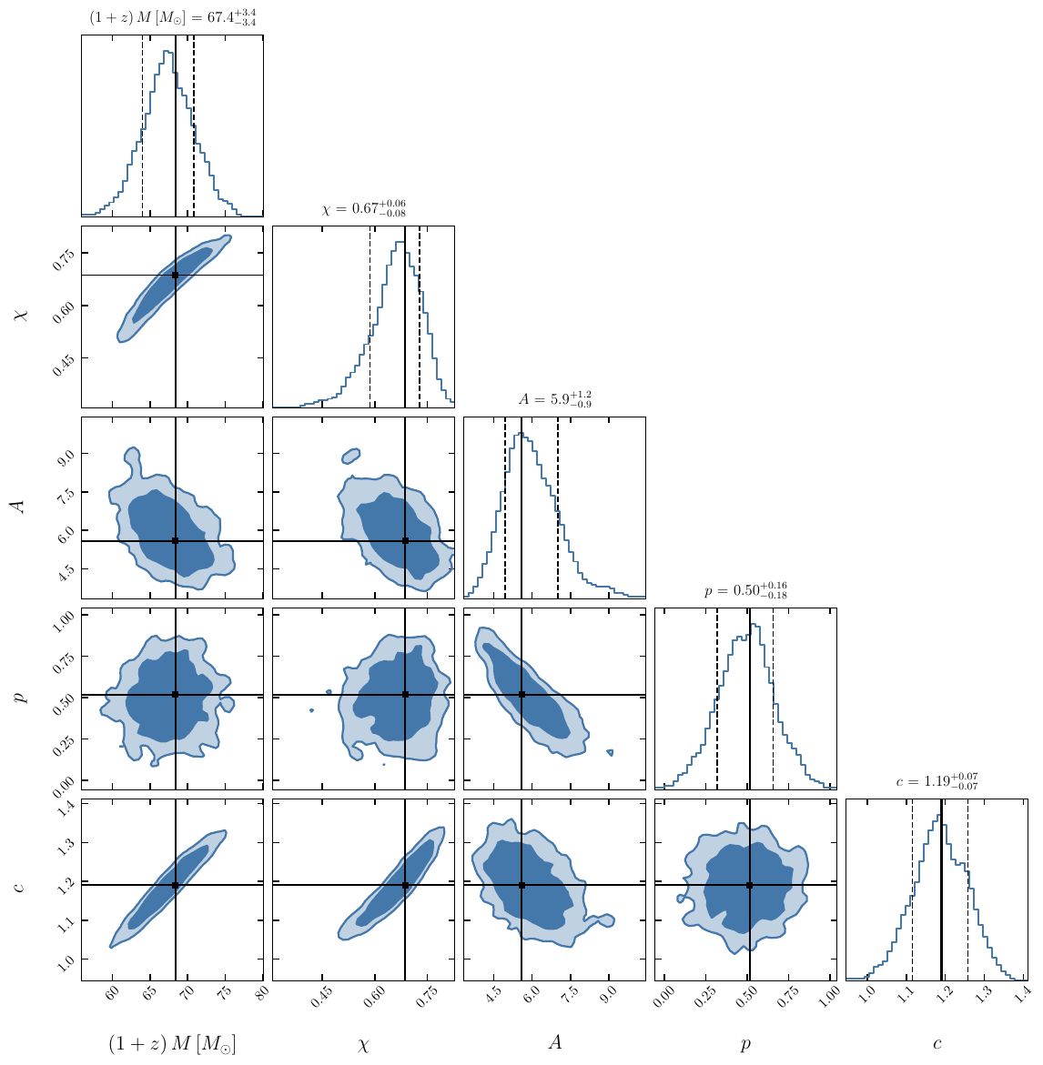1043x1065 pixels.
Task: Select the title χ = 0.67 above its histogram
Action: [x=363, y=208]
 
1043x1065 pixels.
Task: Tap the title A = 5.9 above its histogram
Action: [x=554, y=399]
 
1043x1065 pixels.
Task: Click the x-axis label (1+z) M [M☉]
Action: [x=172, y=1044]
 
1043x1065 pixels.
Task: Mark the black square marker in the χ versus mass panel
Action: [x=176, y=275]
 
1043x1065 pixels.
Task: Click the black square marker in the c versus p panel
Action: [x=750, y=885]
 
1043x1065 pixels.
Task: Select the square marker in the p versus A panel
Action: [x=521, y=695]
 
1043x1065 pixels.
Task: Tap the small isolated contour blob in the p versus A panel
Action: [x=609, y=752]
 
